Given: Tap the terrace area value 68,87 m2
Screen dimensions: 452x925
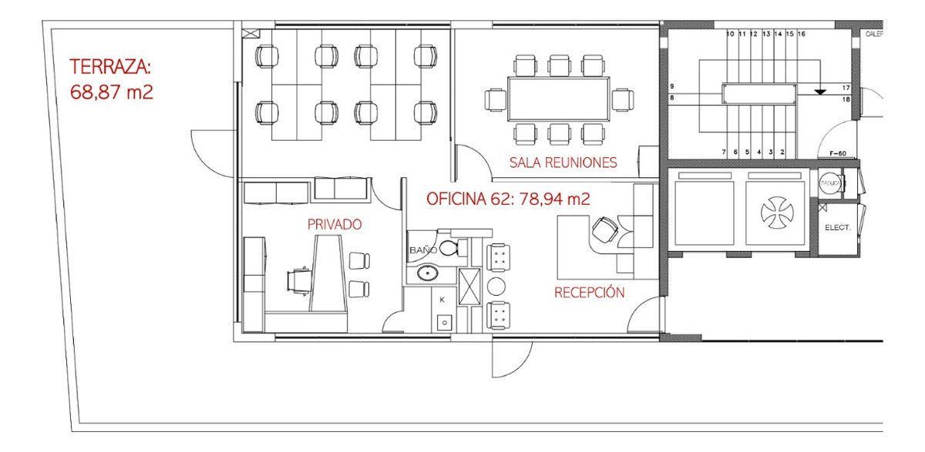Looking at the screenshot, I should (x=111, y=92).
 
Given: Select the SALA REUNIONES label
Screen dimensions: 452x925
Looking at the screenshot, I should (x=563, y=162).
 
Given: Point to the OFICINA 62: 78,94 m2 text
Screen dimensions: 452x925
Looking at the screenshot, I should (x=508, y=199).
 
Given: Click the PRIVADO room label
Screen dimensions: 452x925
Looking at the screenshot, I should (x=335, y=224).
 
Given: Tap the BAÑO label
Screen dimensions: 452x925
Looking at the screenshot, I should (x=423, y=251).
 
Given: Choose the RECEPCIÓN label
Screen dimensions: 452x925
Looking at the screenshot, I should (x=589, y=293).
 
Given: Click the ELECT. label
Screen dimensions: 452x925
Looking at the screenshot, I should (x=837, y=229).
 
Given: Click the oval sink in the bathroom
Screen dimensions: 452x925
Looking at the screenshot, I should (x=427, y=273).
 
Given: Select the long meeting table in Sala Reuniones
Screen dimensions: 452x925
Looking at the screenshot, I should (x=559, y=99).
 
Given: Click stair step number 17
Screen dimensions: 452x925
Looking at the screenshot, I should (x=846, y=88).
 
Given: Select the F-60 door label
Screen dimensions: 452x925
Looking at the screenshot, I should (x=838, y=153).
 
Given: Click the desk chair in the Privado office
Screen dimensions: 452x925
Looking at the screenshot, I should (x=299, y=280).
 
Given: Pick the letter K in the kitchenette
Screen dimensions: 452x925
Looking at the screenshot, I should (x=442, y=299).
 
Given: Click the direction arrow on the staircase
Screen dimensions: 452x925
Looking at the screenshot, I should (x=820, y=91).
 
